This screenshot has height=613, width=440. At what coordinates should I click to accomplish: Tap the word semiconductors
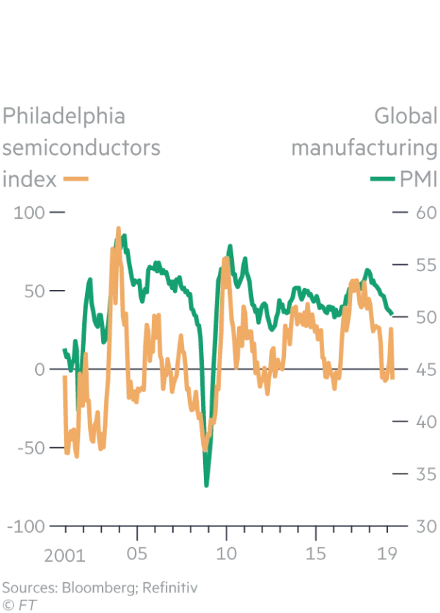click(81, 148)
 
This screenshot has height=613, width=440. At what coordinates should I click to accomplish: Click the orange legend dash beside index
click(76, 178)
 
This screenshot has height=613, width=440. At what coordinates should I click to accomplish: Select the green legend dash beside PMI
click(381, 178)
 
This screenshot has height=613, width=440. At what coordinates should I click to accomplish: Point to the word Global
click(405, 117)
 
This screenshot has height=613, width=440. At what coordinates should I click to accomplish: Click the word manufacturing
click(364, 148)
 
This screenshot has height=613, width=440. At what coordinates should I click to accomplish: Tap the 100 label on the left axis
click(29, 212)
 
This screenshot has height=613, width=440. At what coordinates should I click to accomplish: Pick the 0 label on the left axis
click(40, 369)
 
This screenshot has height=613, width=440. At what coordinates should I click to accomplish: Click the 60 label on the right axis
click(425, 212)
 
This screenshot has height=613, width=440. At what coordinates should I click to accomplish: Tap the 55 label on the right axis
click(425, 265)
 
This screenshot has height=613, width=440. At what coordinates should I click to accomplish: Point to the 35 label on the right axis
click(425, 474)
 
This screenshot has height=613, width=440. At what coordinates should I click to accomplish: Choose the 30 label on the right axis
click(425, 526)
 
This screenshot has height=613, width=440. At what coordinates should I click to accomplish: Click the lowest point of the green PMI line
click(207, 485)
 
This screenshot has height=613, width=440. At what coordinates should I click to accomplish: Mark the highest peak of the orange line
click(118, 229)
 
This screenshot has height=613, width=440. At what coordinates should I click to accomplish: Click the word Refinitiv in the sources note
click(169, 587)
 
